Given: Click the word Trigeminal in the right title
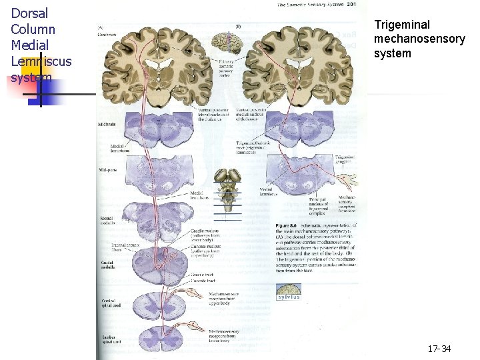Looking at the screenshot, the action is click(403, 25).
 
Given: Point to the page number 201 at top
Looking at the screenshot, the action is click(351, 5).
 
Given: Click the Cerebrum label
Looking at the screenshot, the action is click(107, 34).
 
